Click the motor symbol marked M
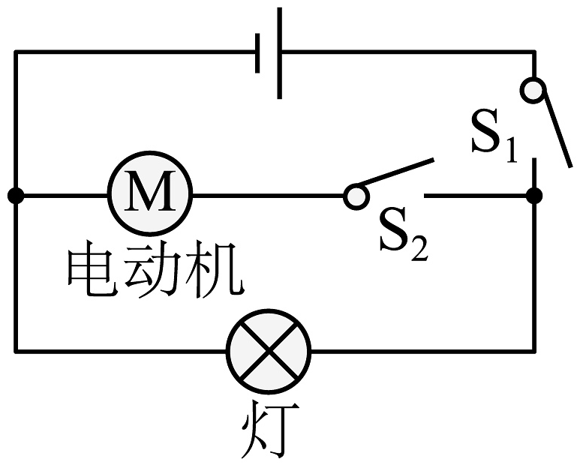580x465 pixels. tap(151, 196)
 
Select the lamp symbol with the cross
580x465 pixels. tap(269, 349)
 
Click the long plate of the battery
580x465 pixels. tap(280, 52)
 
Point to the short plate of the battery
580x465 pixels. tap(258, 52)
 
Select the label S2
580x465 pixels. tap(402, 235)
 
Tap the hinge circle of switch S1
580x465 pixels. tap(533, 91)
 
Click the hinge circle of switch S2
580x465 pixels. tap(356, 196)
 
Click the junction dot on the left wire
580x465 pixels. tap(15, 196)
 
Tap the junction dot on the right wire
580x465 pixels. tap(534, 196)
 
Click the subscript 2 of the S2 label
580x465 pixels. tap(419, 248)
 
